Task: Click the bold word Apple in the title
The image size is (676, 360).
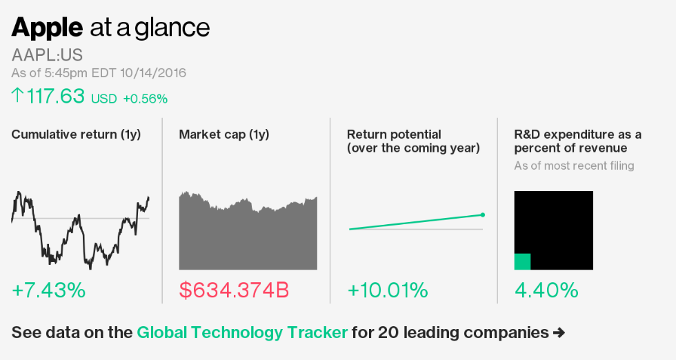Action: pos(47,28)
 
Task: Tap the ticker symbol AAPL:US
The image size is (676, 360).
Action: pos(47,55)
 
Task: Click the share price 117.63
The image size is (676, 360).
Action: pos(55,96)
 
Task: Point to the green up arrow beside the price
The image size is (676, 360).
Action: pos(17,95)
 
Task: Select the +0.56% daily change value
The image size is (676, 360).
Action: pos(145,99)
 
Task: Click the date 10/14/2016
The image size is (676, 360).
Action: pos(152,73)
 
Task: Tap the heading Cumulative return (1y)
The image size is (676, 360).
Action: pos(76,134)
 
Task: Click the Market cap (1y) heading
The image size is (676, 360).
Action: pos(223,134)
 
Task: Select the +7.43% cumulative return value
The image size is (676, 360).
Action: pos(48,290)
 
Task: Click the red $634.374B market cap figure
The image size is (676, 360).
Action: pos(234,290)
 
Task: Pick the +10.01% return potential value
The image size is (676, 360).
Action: pos(388,290)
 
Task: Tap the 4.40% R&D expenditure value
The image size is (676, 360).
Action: pos(546,290)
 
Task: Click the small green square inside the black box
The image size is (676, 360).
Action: pos(522,261)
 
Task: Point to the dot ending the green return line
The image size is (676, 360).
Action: pos(482,214)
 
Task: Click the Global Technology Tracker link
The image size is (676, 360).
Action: pos(241,332)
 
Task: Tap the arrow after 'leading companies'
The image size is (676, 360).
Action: pos(559,332)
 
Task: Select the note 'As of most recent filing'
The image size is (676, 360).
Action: pos(574,166)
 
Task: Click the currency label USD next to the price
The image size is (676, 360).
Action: pos(103,99)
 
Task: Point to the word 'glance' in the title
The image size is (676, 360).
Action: pos(172,28)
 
